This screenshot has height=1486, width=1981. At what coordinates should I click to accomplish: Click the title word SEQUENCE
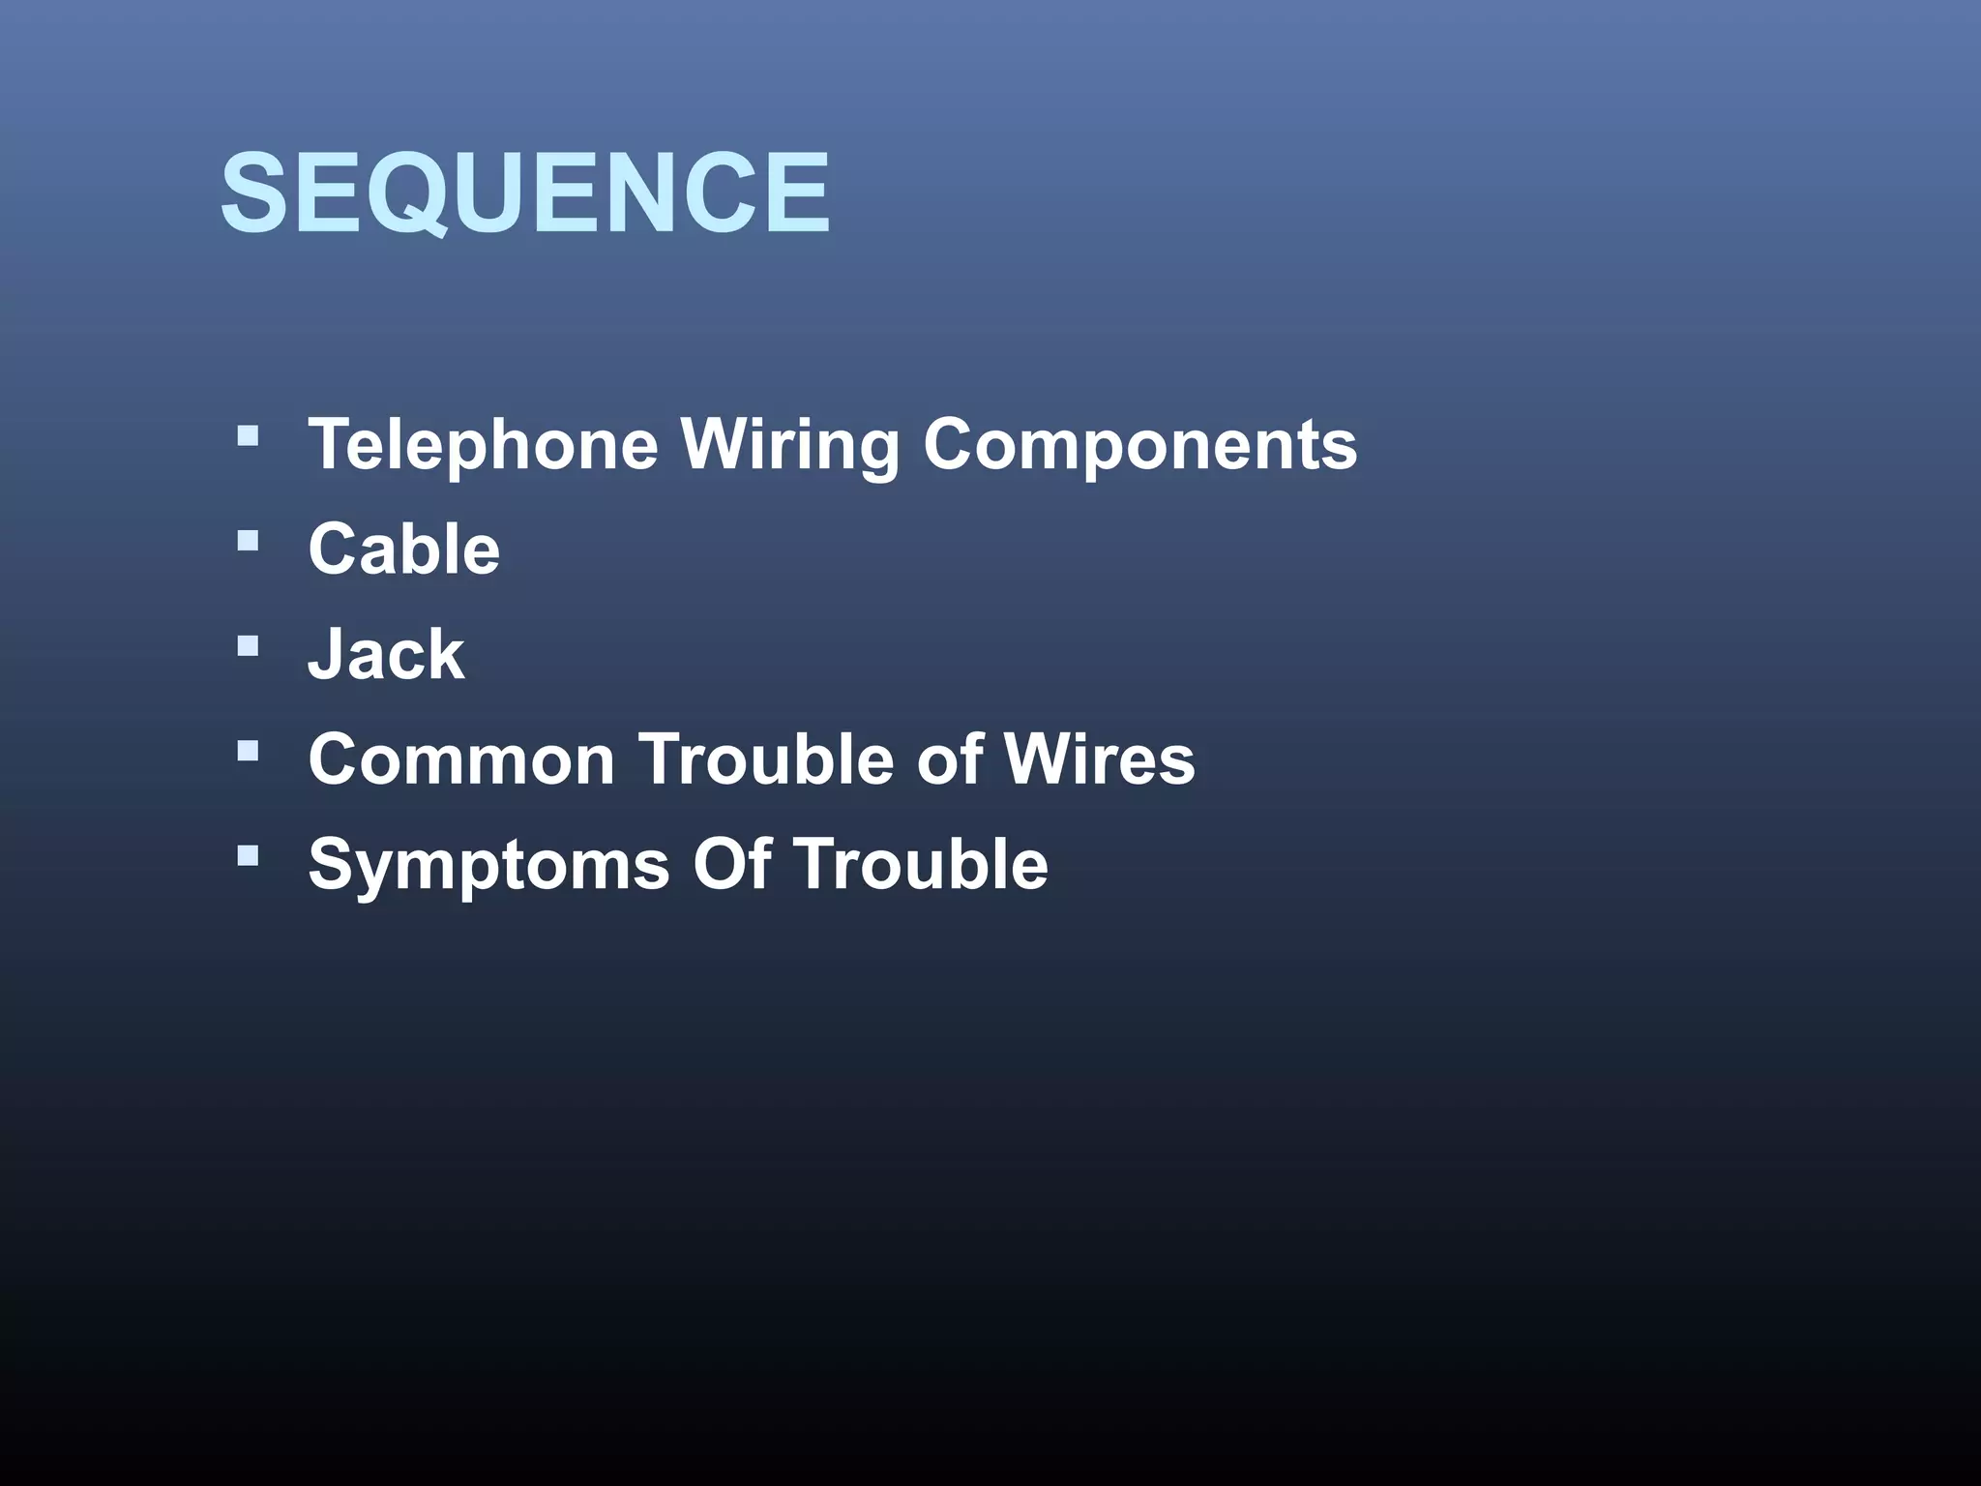[x=524, y=193]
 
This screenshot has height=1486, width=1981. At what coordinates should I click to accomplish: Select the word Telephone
[x=483, y=445]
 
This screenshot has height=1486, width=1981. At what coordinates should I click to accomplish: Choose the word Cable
[x=404, y=550]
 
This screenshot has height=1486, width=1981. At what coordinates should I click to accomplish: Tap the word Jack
[x=386, y=654]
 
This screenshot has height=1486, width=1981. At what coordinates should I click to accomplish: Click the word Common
[x=461, y=758]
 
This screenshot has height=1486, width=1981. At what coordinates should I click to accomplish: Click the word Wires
[x=1099, y=758]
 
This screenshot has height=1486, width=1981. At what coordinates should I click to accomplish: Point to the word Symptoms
[x=488, y=865]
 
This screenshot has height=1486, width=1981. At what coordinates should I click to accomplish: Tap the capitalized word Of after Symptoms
[x=731, y=863]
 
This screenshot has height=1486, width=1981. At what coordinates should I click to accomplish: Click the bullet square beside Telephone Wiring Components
[x=248, y=435]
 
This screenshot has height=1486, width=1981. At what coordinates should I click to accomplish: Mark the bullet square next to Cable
[x=248, y=540]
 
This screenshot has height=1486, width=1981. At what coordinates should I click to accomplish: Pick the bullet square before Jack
[x=248, y=645]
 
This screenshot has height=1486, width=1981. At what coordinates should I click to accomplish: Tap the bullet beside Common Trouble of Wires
[x=248, y=750]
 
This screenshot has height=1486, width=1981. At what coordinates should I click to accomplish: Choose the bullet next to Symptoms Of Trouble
[x=248, y=854]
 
